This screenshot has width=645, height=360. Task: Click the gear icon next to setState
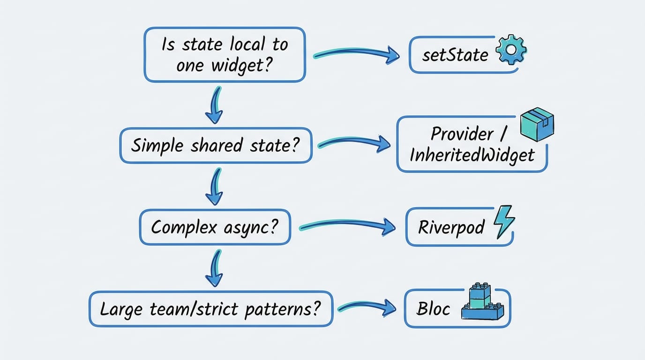511,49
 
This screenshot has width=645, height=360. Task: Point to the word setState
455,55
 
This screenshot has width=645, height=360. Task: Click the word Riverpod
451,228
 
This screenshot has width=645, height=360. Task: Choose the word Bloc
434,309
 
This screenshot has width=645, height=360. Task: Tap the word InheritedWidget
472,155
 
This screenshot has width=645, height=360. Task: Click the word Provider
462,134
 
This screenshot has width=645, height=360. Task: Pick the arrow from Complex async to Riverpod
347,226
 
